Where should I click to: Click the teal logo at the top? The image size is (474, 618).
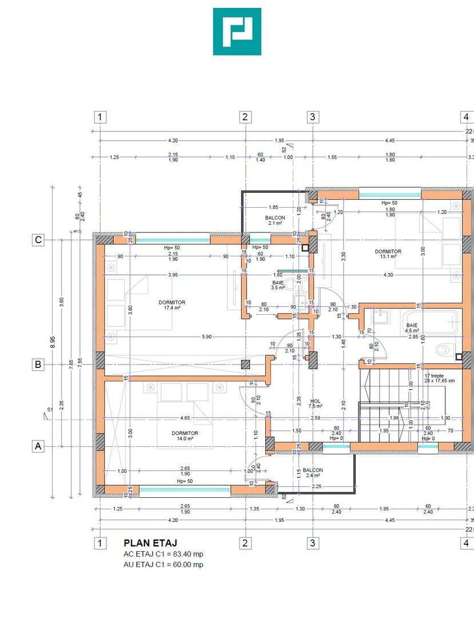click(x=237, y=31)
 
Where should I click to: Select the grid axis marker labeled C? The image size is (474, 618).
click(x=38, y=240)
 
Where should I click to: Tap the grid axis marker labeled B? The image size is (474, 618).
click(x=38, y=365)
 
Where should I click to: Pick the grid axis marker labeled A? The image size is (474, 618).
click(x=38, y=446)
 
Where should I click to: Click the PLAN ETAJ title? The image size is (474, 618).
click(x=150, y=542)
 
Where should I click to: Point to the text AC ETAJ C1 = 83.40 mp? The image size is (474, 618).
click(x=164, y=554)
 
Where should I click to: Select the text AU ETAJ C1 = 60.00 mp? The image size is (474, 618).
click(x=164, y=565)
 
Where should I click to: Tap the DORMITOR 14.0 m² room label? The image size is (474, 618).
click(x=185, y=436)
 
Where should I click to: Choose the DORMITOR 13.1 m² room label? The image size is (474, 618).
click(x=388, y=254)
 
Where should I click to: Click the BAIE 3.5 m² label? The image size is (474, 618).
click(x=278, y=285)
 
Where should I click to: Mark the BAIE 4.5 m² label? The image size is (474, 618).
click(x=412, y=327)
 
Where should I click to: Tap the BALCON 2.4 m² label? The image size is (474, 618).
click(x=313, y=473)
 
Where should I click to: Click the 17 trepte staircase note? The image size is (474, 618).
click(x=439, y=377)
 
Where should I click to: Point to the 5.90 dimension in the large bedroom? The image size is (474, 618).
click(x=206, y=337)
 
